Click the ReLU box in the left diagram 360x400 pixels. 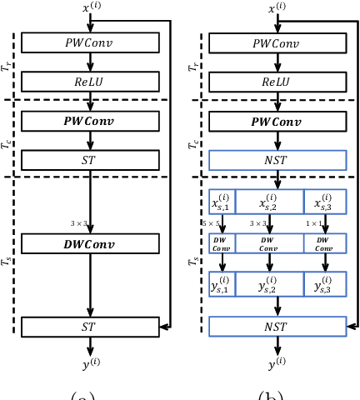[90, 81]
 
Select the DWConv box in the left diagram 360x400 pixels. [90, 243]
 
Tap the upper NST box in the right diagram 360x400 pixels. [277, 160]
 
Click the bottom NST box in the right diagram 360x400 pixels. [277, 327]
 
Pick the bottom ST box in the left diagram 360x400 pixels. [90, 327]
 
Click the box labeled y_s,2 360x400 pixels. [269, 285]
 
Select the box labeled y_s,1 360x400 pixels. [222, 285]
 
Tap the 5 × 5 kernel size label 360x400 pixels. [212, 223]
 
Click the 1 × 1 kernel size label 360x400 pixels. [315, 223]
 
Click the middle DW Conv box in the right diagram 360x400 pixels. [269, 243]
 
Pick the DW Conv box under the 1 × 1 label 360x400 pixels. [325, 243]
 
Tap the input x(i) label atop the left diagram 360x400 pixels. [90, 8]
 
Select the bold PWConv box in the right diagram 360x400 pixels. [277, 122]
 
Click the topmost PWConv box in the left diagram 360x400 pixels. [90, 42]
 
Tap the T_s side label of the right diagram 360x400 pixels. [193, 262]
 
